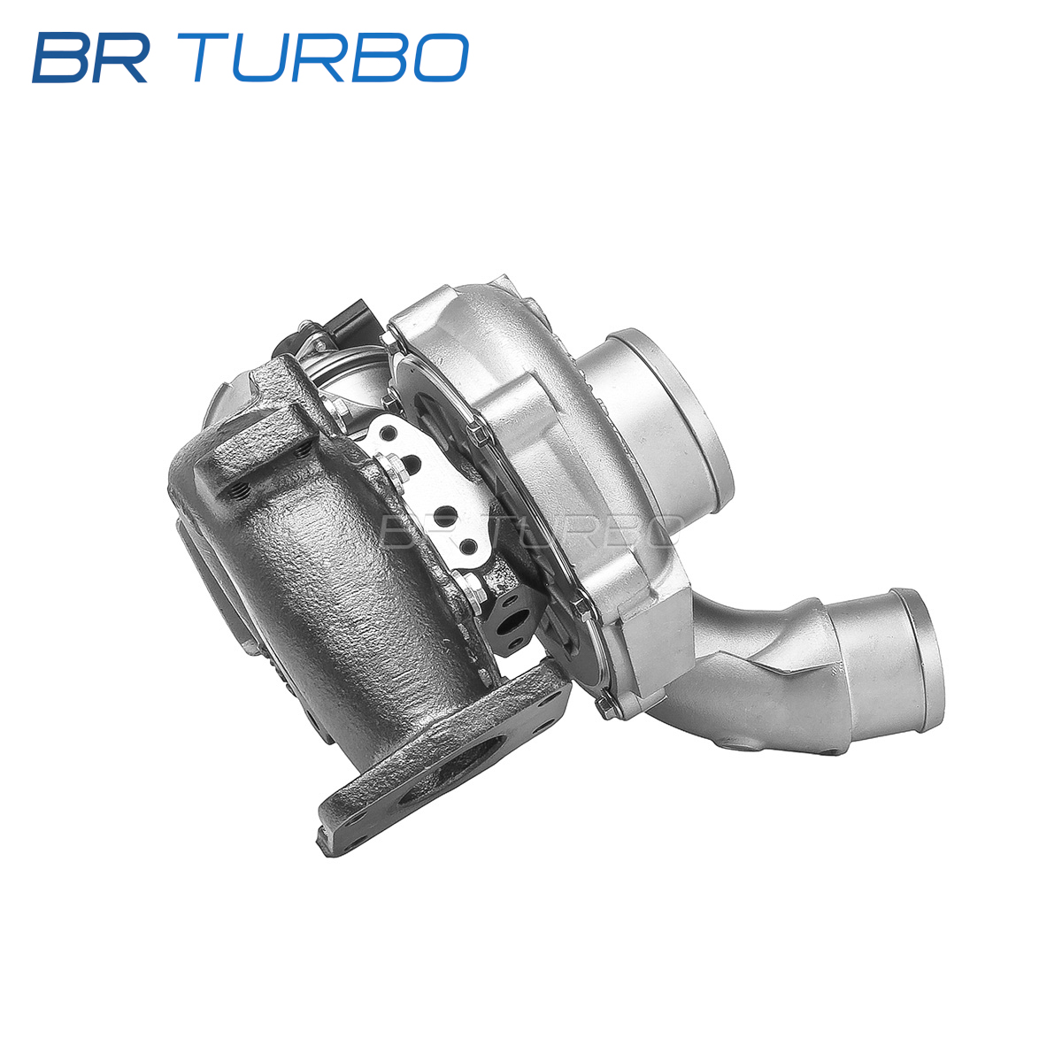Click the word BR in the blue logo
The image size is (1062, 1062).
pos(90,58)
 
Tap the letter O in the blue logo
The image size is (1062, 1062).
pos(439,58)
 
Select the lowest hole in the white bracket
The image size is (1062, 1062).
pos(468,547)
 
